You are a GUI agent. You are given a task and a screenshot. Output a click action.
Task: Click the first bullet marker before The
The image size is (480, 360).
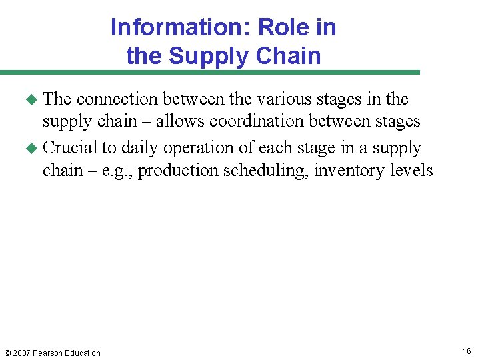[30, 100]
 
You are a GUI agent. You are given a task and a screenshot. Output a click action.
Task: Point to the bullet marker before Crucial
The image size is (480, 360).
[30, 149]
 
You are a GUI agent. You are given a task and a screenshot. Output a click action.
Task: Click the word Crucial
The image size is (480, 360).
[69, 147]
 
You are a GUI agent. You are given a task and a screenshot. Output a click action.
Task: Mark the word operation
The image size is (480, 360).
[196, 148]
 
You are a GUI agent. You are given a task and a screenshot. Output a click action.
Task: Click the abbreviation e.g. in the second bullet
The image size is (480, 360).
[117, 171]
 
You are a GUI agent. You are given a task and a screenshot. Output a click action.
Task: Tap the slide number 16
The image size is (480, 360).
[467, 351]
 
